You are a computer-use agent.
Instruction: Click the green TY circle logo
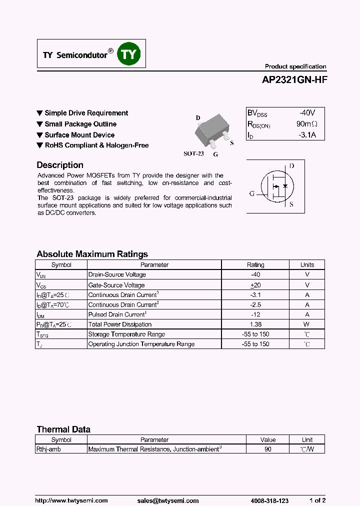pyautogui.click(x=129, y=54)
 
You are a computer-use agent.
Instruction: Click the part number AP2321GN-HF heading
pyautogui.click(x=295, y=79)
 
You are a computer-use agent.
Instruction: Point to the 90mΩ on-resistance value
pyautogui.click(x=306, y=124)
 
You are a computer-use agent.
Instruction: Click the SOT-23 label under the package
pyautogui.click(x=193, y=154)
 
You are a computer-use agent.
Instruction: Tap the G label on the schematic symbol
pyautogui.click(x=252, y=193)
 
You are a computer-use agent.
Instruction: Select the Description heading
pyautogui.click(x=60, y=165)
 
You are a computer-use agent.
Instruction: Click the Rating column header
pyautogui.click(x=255, y=265)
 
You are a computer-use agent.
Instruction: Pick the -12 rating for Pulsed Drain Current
pyautogui.click(x=255, y=314)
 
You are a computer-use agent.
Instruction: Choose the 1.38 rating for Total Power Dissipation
pyautogui.click(x=255, y=324)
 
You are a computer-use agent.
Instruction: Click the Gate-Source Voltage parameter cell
pyautogui.click(x=117, y=285)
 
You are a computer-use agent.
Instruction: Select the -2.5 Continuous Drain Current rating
pyautogui.click(x=255, y=304)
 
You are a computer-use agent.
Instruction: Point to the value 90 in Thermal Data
pyautogui.click(x=268, y=449)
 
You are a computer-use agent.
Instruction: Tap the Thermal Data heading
pyautogui.click(x=63, y=429)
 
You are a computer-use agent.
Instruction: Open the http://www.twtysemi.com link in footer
pyautogui.click(x=71, y=500)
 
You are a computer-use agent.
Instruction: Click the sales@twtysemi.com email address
pyautogui.click(x=167, y=500)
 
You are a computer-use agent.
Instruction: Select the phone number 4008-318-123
pyautogui.click(x=269, y=500)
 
